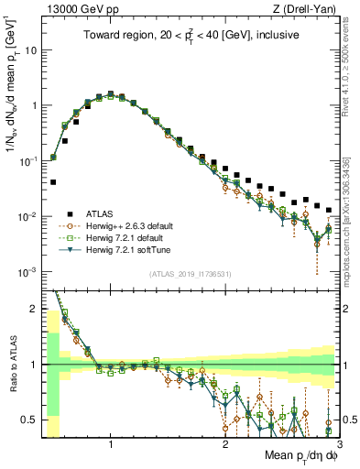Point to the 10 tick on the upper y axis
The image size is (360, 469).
tap(30, 50)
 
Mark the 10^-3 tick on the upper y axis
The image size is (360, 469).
tap(28, 272)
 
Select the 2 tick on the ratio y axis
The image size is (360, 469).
tap(32, 309)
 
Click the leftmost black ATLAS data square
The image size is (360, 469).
tap(53, 182)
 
